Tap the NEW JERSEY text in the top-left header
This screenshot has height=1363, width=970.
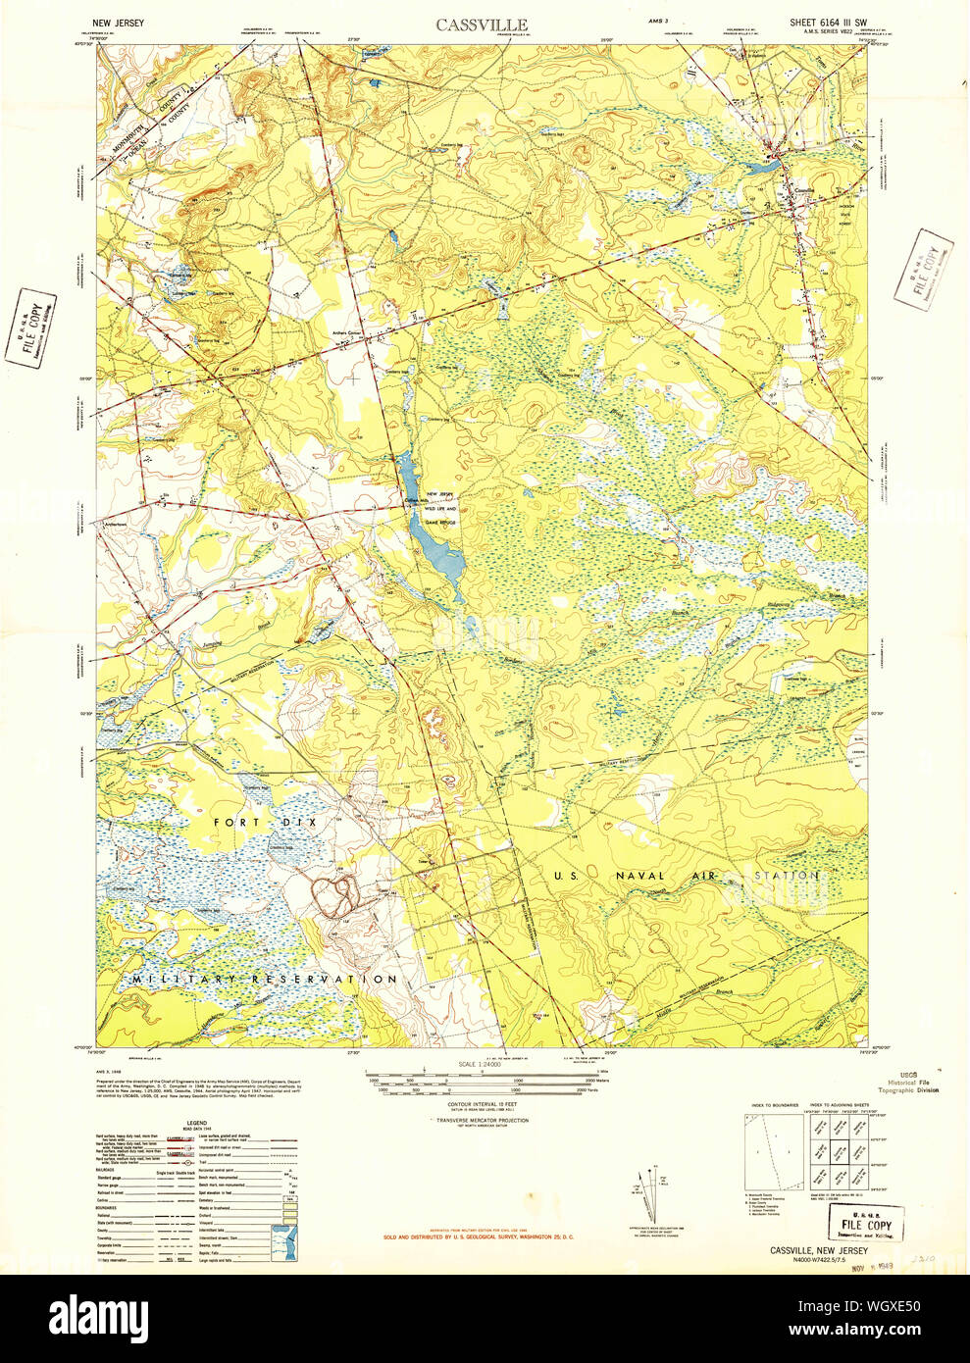119,22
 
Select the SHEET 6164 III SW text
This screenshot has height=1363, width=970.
828,22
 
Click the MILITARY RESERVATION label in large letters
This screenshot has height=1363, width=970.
265,980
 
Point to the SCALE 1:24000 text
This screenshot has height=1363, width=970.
480,1064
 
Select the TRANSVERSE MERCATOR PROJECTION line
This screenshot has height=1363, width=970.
482,1120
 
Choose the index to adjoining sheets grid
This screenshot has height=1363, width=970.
837,1152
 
